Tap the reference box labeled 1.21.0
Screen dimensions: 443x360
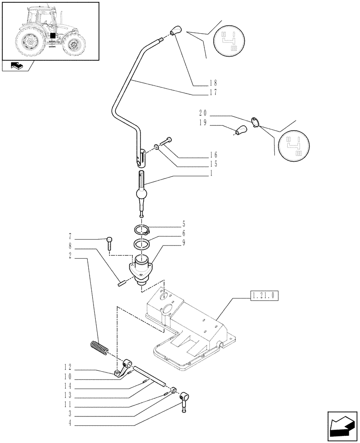264,295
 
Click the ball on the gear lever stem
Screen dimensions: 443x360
142,194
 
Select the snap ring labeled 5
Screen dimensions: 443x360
142,229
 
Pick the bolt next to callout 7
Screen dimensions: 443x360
109,243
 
